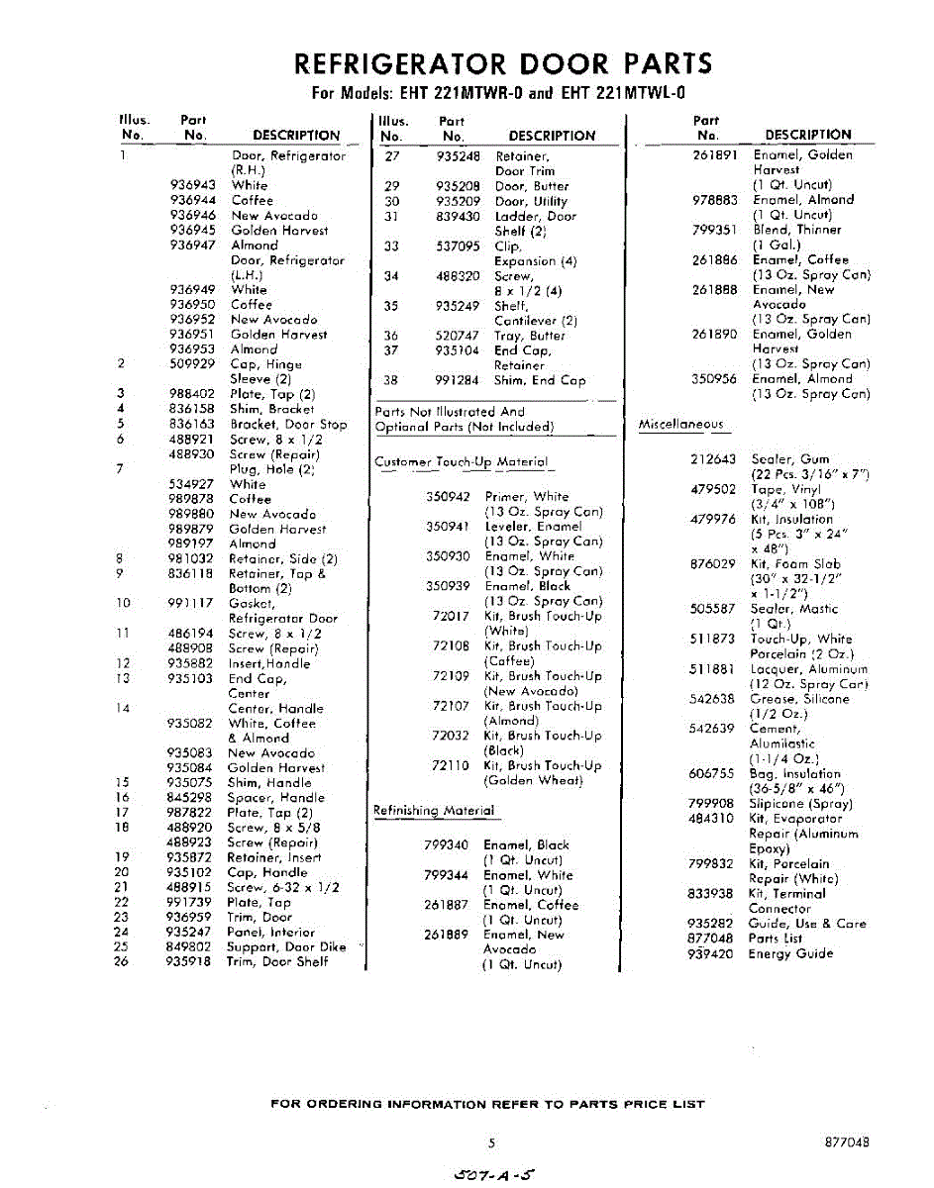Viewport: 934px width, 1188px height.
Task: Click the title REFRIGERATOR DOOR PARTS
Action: [x=503, y=64]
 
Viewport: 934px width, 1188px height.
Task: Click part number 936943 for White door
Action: [x=192, y=185]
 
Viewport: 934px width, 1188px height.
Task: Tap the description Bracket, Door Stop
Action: [x=288, y=424]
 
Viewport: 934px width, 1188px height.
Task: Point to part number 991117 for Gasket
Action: [x=191, y=603]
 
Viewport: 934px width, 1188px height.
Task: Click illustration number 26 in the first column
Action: [x=121, y=961]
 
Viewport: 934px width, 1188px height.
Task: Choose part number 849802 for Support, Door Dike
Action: [x=188, y=946]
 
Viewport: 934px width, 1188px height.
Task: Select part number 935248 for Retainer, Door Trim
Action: [x=458, y=156]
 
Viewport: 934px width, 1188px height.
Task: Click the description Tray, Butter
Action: [x=530, y=336]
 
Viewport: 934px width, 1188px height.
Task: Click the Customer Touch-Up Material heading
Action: [x=461, y=462]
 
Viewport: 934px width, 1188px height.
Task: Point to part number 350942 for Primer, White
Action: [x=448, y=497]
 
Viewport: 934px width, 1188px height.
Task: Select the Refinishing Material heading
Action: [x=433, y=811]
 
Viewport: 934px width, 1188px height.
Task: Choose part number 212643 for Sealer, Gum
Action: [x=712, y=459]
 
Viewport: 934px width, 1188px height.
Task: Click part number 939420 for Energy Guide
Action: [x=710, y=953]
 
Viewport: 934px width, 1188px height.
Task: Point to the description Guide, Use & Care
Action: [x=807, y=924]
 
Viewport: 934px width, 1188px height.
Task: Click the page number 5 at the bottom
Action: [x=491, y=1141]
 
